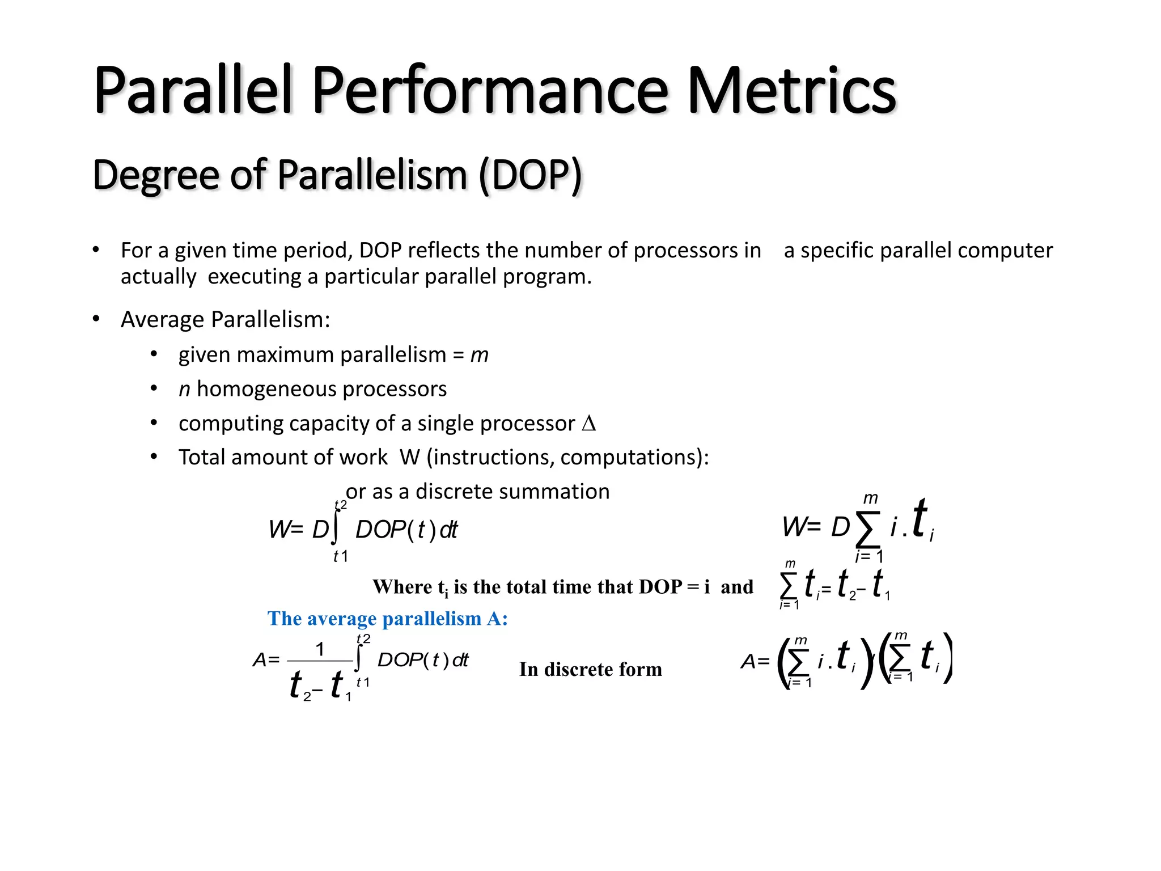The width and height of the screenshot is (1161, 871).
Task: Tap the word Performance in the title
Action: (x=490, y=91)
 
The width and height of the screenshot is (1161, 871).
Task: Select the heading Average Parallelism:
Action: (x=225, y=320)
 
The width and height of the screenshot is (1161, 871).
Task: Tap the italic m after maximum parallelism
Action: (x=479, y=356)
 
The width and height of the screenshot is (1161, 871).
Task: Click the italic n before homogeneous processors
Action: (x=184, y=390)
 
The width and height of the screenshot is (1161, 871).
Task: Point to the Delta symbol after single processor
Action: (x=589, y=424)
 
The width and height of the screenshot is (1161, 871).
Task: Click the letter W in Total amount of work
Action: (x=409, y=458)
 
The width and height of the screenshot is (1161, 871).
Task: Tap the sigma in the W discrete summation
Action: (x=868, y=528)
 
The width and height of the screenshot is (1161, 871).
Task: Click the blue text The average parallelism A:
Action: (x=387, y=618)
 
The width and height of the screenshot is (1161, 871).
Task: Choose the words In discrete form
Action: (x=590, y=670)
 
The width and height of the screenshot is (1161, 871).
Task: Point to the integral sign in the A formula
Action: (x=359, y=659)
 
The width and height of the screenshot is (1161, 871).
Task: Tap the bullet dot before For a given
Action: (x=96, y=250)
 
